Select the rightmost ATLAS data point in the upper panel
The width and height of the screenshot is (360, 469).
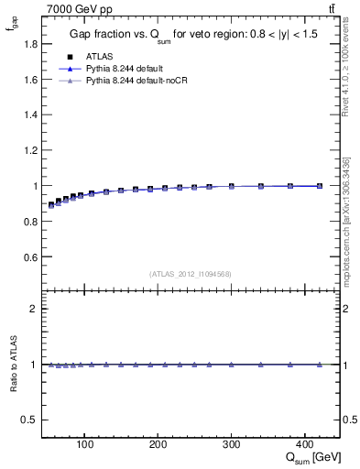(x=320, y=185)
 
